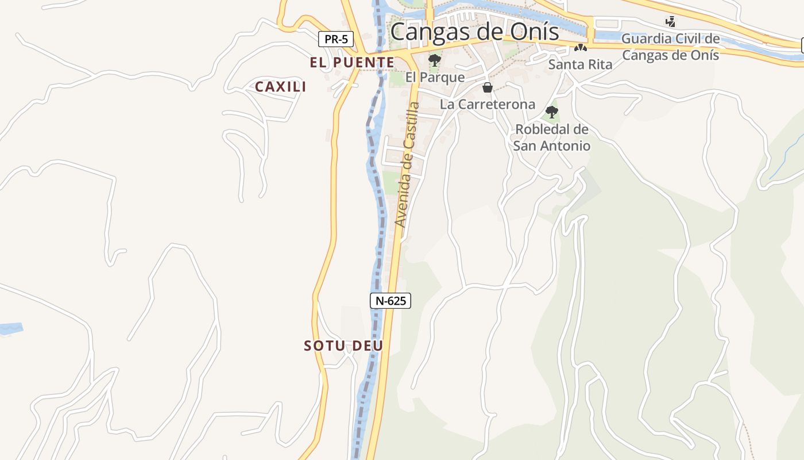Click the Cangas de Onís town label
coord(474,32)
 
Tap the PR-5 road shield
coord(336,40)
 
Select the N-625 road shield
coord(390,301)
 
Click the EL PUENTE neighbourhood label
coord(352,63)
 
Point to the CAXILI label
coord(280,87)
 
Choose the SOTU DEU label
coord(343,346)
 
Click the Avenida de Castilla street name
coord(408,164)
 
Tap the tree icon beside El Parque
coord(435,60)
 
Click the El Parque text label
coord(435,76)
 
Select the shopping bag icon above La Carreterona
coord(488,87)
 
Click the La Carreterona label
coord(488,104)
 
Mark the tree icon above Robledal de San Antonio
coord(552,112)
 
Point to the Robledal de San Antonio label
coord(552,137)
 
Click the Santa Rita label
coord(580,64)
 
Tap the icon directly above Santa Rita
coord(581,48)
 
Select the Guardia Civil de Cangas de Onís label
coord(671,47)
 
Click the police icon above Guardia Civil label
coord(670,22)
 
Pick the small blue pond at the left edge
coord(10,329)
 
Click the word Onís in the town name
coord(537,32)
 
